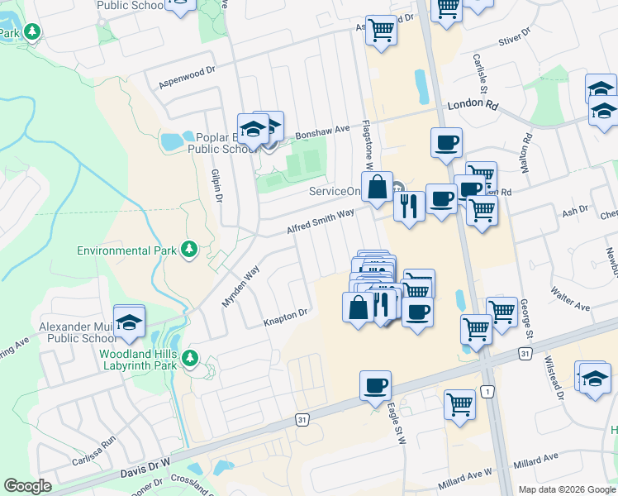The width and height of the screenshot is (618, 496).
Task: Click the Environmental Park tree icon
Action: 190,249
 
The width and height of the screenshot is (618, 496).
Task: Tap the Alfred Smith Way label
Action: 321,221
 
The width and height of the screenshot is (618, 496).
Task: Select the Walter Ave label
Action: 571,301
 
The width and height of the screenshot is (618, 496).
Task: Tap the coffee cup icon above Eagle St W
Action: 375,385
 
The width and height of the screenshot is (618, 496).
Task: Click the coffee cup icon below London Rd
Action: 446,142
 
